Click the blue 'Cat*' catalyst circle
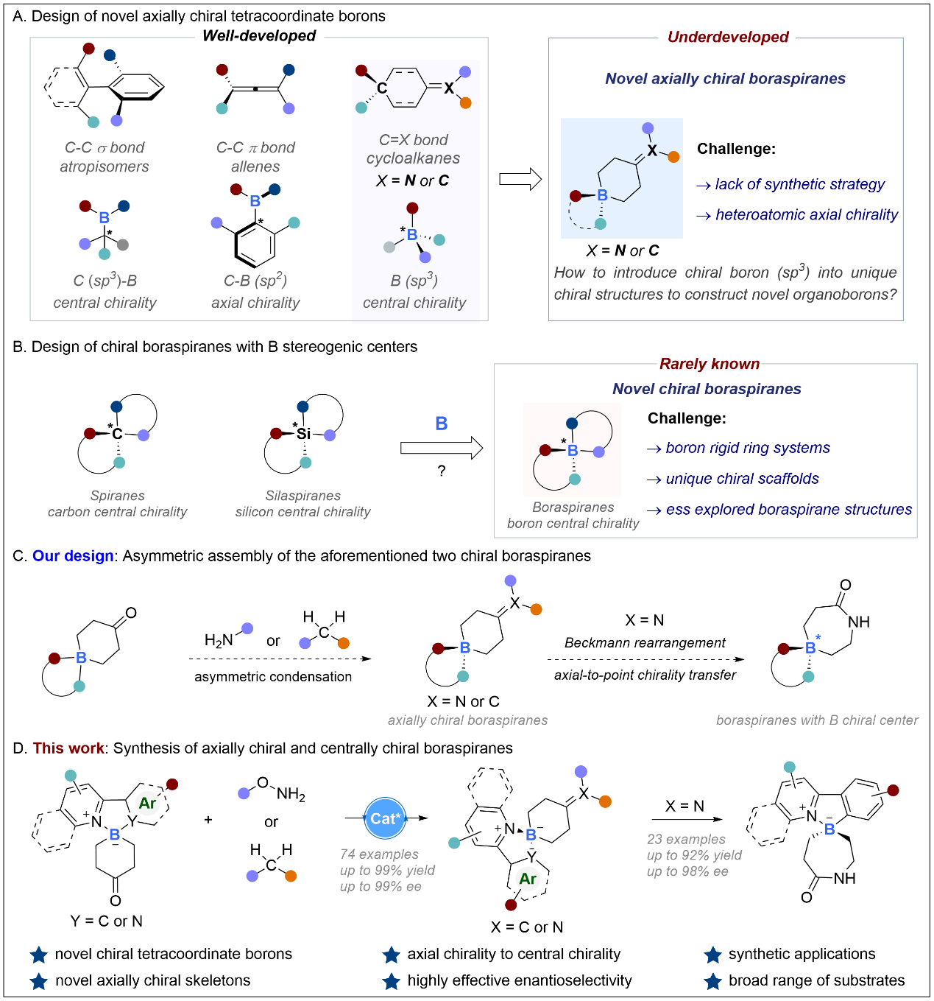385,818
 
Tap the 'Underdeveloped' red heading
728,38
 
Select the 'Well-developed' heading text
259,36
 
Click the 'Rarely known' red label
710,364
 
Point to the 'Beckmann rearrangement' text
645,642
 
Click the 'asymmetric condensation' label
273,676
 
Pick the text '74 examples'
379,854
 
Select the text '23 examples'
686,839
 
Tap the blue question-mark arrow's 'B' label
442,424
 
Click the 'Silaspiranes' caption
303,496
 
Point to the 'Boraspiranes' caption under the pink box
573,507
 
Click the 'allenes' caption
255,166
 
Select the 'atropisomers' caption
105,166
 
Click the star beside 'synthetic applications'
712,955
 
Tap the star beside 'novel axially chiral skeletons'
39,981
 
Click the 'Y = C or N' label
107,921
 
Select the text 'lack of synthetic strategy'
800,185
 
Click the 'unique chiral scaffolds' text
742,479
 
